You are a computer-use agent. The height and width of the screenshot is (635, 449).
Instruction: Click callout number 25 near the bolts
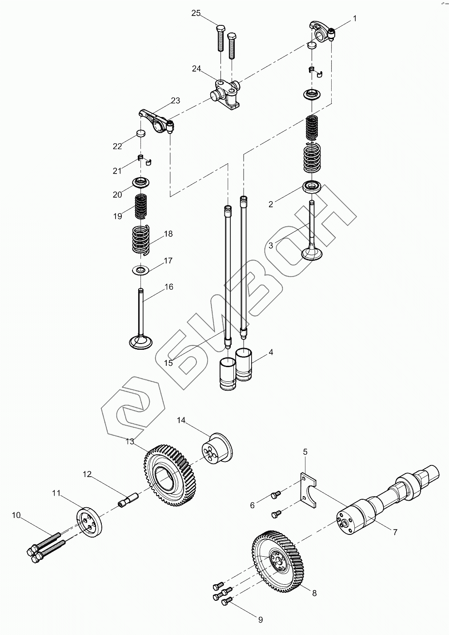tap(196, 13)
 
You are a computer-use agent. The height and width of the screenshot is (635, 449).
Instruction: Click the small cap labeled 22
tap(140, 133)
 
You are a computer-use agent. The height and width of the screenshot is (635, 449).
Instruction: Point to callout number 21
tap(117, 171)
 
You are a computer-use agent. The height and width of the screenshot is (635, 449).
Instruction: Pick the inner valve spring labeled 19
tap(141, 206)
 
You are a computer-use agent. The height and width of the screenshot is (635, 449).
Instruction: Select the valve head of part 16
tap(140, 342)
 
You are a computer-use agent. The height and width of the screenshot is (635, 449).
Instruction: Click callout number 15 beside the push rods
tap(168, 363)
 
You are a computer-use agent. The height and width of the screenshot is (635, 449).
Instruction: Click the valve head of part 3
tap(314, 253)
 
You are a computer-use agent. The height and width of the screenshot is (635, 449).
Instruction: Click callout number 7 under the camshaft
tap(394, 531)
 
